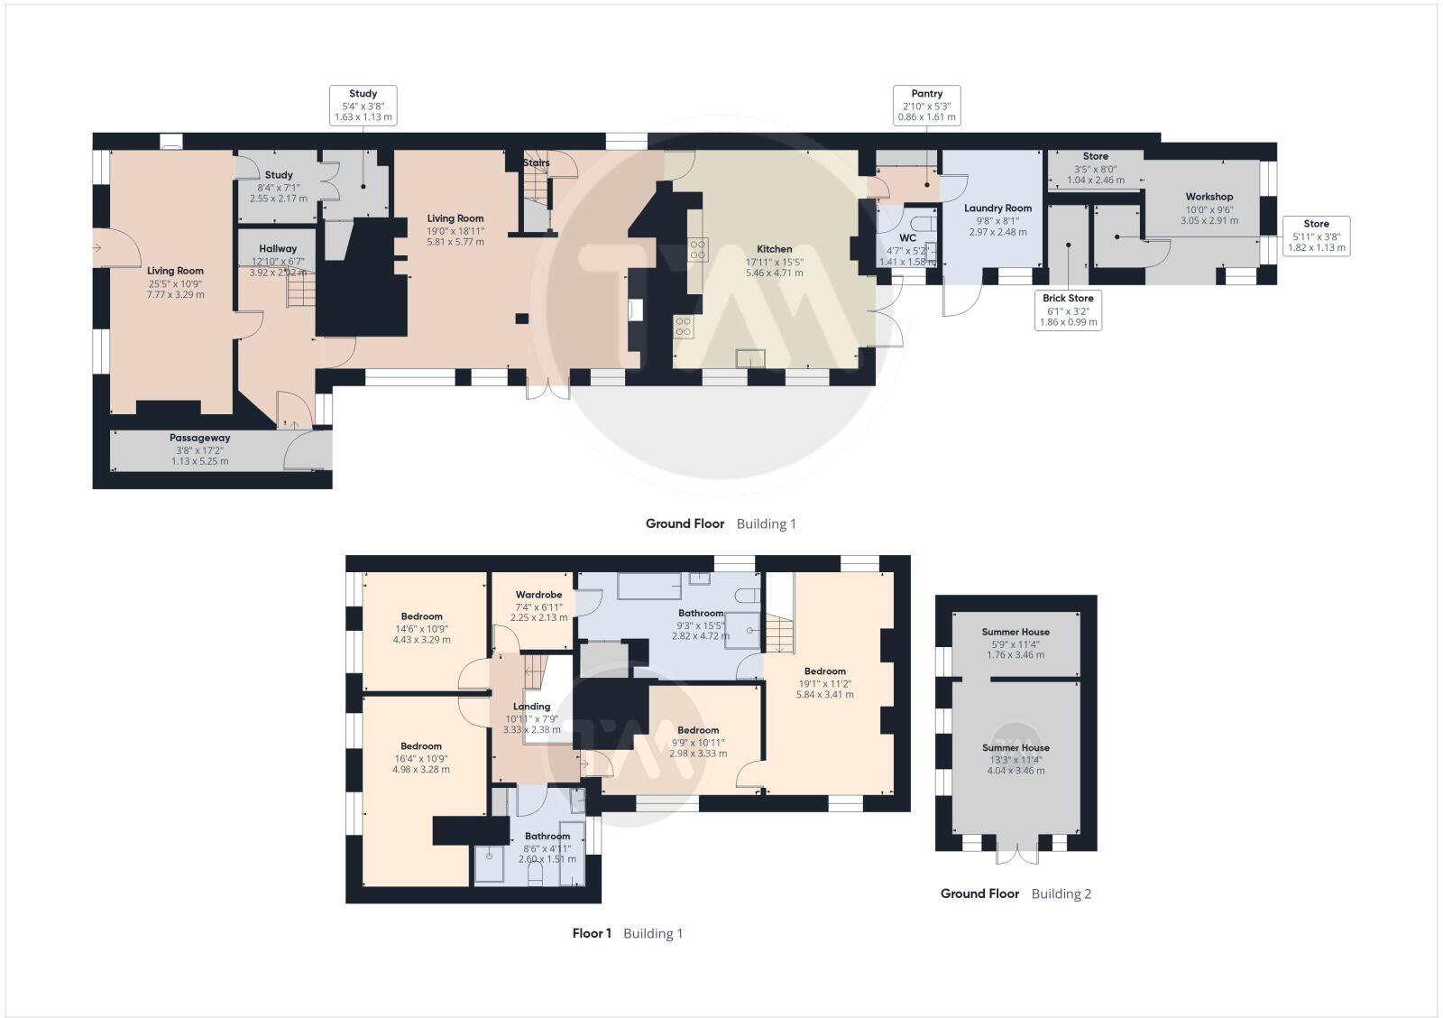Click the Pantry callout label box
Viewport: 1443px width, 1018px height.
coord(926,106)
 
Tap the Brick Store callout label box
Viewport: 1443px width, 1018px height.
coord(1068,310)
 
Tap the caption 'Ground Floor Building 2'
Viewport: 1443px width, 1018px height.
coord(1016,893)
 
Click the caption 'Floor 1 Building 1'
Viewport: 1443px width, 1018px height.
coord(628,933)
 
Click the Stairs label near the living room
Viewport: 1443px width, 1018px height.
coord(536,163)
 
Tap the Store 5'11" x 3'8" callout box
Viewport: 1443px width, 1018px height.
coord(1316,235)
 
